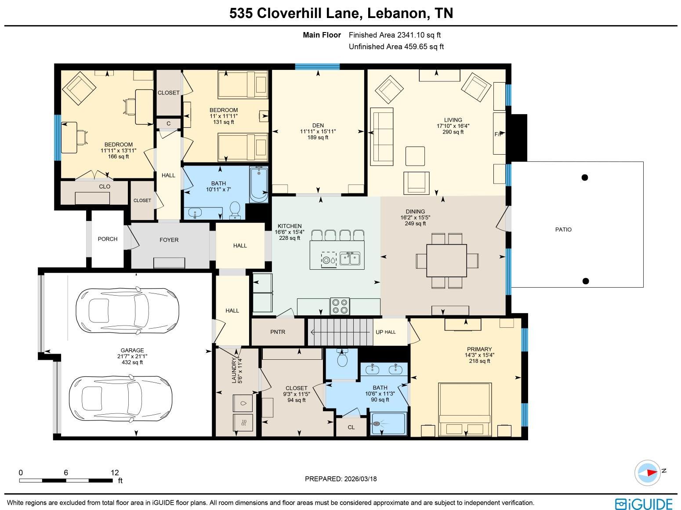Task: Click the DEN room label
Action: pos(318,125)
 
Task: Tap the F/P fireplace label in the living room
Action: pos(499,134)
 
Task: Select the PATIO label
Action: pos(563,230)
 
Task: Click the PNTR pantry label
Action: pos(277,332)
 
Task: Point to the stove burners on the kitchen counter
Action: pos(340,306)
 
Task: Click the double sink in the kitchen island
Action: pos(350,259)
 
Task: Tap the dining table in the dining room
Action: pos(446,260)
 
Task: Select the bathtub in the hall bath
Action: pos(259,184)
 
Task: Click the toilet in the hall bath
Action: pos(235,210)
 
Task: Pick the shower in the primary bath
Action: pos(388,423)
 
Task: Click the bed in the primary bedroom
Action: pos(465,409)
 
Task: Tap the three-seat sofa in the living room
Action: pos(382,137)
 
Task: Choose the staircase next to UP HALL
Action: pos(340,332)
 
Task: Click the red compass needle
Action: pos(652,473)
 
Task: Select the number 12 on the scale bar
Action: pos(115,473)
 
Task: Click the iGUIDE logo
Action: pos(644,503)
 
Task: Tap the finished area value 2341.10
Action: pos(412,35)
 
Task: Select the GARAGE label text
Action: pos(132,350)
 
